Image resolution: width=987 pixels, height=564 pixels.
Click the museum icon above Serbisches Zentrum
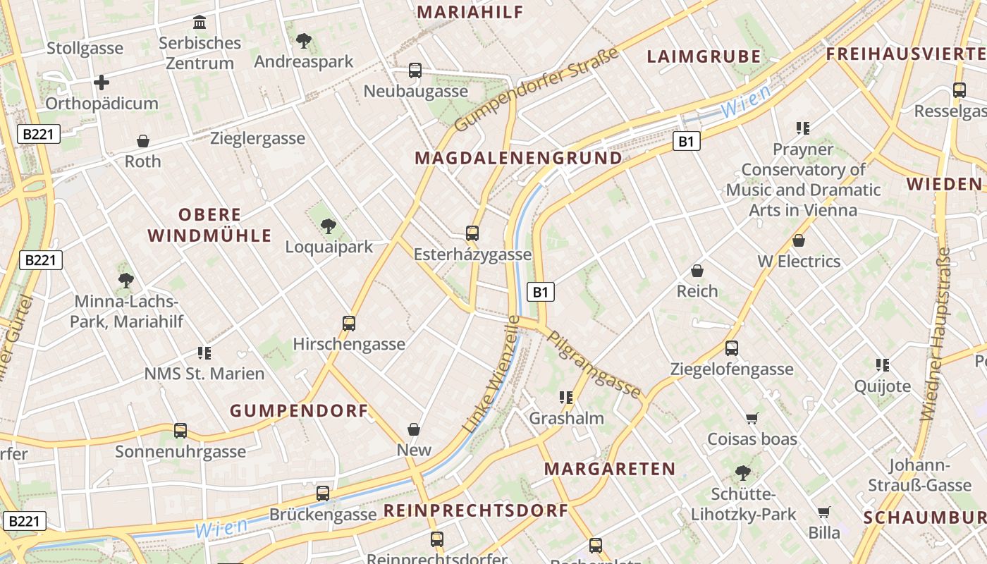click(200, 23)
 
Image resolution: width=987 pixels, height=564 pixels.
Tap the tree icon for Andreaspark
click(304, 41)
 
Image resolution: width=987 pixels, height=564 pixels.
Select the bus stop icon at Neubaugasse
click(415, 70)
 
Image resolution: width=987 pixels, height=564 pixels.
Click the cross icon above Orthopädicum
click(102, 82)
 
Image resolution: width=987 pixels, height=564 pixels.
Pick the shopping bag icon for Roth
click(143, 141)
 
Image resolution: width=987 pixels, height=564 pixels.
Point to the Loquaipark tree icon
click(328, 226)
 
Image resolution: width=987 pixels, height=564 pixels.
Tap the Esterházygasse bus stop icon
click(472, 233)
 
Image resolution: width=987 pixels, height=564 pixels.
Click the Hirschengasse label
click(349, 344)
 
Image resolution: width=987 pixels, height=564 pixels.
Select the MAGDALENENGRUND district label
click(519, 158)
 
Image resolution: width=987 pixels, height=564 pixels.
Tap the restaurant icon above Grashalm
click(565, 398)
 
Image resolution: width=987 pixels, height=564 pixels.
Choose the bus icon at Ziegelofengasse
click(732, 348)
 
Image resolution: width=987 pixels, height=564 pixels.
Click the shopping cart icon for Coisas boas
click(752, 419)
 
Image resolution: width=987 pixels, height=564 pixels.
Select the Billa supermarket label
click(824, 532)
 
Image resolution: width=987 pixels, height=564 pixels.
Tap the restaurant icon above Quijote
click(882, 365)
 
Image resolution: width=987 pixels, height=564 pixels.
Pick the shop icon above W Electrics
click(799, 241)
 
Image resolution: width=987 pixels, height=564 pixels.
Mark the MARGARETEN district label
click(610, 469)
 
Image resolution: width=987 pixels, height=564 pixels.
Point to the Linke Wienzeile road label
click(491, 374)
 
